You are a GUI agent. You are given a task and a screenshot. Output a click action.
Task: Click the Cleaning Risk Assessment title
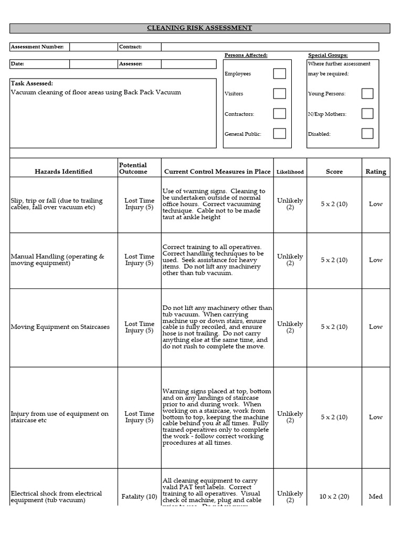tap(199, 28)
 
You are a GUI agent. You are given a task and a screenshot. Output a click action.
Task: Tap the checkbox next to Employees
tap(279, 74)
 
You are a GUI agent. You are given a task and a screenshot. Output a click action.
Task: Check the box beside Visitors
tap(279, 94)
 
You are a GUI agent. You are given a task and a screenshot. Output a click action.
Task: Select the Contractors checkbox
tap(279, 114)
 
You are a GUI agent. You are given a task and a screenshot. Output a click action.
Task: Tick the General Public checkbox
tap(279, 134)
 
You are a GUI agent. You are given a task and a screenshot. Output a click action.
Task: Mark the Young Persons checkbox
tap(367, 94)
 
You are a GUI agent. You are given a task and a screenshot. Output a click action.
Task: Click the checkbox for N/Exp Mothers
tap(367, 114)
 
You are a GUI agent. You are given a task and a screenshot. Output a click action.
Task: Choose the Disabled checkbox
tap(367, 134)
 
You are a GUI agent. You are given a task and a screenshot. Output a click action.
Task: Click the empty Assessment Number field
tap(93, 47)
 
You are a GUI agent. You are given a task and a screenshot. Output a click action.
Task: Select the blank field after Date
tap(93, 64)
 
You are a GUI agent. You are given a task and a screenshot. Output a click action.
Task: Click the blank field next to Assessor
tap(188, 64)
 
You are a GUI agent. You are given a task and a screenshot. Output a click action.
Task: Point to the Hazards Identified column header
tap(63, 171)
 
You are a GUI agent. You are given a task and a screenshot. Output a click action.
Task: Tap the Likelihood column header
tap(290, 172)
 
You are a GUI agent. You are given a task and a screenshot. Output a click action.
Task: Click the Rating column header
tap(375, 171)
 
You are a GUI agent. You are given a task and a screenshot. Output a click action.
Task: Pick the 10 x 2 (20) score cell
tap(334, 496)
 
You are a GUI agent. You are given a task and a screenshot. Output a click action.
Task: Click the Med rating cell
tap(375, 496)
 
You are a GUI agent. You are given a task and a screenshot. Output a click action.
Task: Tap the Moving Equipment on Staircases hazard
tap(60, 327)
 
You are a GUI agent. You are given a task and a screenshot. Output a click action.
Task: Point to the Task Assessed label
tap(32, 83)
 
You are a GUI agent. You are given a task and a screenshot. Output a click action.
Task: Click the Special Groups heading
tap(327, 55)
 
